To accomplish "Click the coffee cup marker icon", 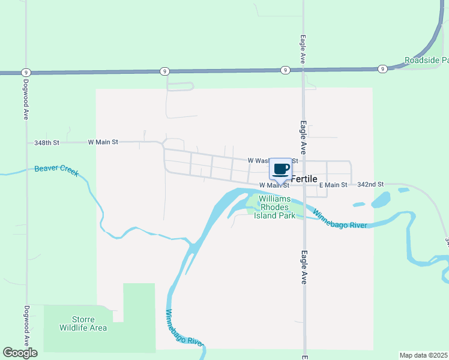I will click(281, 169).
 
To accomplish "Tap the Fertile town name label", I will click(304, 179).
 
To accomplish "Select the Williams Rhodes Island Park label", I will click(274, 207).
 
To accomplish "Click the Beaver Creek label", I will click(56, 170).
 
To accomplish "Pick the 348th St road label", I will click(47, 143).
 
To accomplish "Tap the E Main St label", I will click(333, 185).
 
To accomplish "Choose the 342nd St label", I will click(370, 185).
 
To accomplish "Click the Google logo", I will click(20, 352).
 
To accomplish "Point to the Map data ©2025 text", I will click(424, 355).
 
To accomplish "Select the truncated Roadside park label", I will click(426, 61).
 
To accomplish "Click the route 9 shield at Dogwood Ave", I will click(26, 72).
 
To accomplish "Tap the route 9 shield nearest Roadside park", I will click(382, 69).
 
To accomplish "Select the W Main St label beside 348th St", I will click(103, 142).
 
